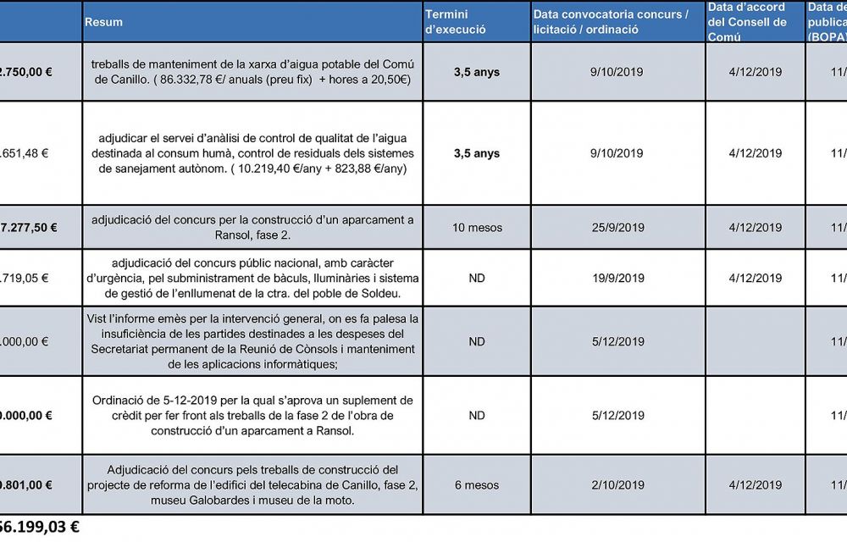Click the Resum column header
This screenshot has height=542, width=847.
103,22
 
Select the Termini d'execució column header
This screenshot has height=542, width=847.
455,22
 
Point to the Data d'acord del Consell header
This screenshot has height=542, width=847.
747,22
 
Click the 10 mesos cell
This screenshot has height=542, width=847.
477,228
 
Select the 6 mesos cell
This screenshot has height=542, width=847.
477,485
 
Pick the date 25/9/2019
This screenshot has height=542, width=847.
617,228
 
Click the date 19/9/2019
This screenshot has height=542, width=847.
617,278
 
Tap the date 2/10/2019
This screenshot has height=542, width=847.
617,485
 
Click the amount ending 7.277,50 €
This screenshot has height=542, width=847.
29,228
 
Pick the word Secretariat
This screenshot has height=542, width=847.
123,349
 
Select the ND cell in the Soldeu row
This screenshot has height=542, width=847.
477,278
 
